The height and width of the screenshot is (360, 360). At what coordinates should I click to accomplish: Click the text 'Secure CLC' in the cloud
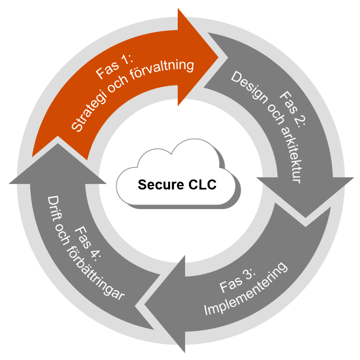coord(177,184)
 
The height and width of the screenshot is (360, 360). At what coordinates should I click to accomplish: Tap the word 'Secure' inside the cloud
coord(160,184)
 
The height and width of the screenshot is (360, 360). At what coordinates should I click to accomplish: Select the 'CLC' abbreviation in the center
coord(201,184)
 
